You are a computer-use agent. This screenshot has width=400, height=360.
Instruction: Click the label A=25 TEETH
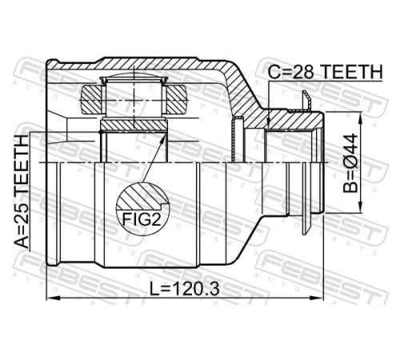tap(21, 192)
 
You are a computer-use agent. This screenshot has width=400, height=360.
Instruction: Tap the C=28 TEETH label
tap(325, 71)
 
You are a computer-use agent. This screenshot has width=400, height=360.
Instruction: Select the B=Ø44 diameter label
tap(350, 163)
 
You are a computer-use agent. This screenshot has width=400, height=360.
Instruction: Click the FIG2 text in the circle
tap(142, 219)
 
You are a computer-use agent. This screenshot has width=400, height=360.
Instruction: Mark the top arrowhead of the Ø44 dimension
tap(361, 118)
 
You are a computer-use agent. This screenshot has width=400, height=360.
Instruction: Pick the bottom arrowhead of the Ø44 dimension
tap(361, 207)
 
